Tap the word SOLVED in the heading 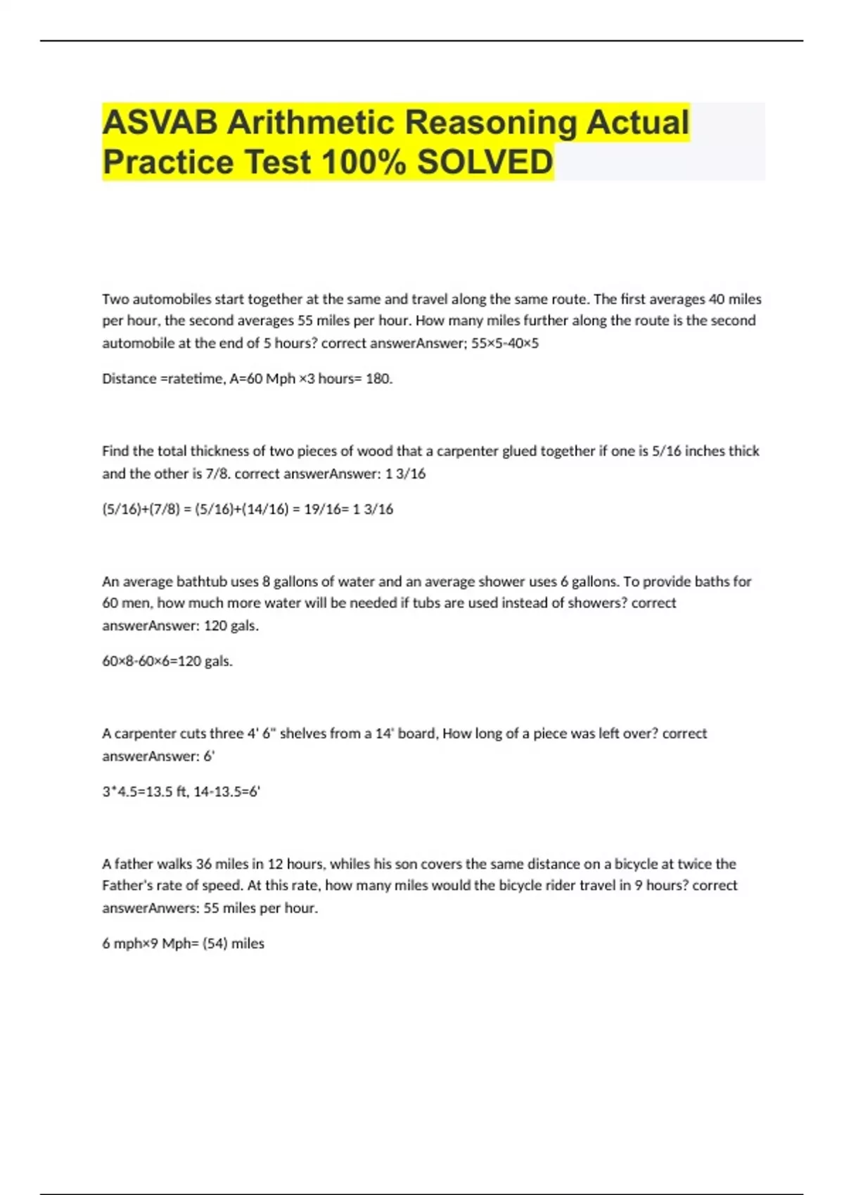pyautogui.click(x=485, y=162)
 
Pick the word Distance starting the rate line pyautogui.click(x=129, y=379)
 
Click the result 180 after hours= pyautogui.click(x=378, y=379)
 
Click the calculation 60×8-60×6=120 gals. pyautogui.click(x=167, y=661)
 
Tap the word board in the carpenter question pyautogui.click(x=416, y=734)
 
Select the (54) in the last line pyautogui.click(x=215, y=944)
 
